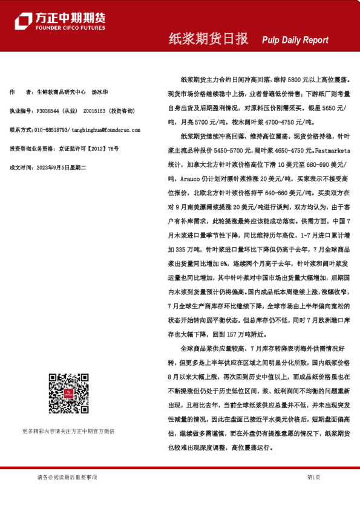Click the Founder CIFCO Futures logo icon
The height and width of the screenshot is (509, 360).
point(23,20)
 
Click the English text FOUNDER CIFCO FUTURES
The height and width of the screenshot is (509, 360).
point(70,28)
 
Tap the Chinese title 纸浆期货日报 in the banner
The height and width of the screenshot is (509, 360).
point(208,39)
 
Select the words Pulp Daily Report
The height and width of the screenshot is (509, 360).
point(295,40)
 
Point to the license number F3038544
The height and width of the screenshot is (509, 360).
point(50,111)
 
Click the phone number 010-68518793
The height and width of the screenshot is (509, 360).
point(51,130)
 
